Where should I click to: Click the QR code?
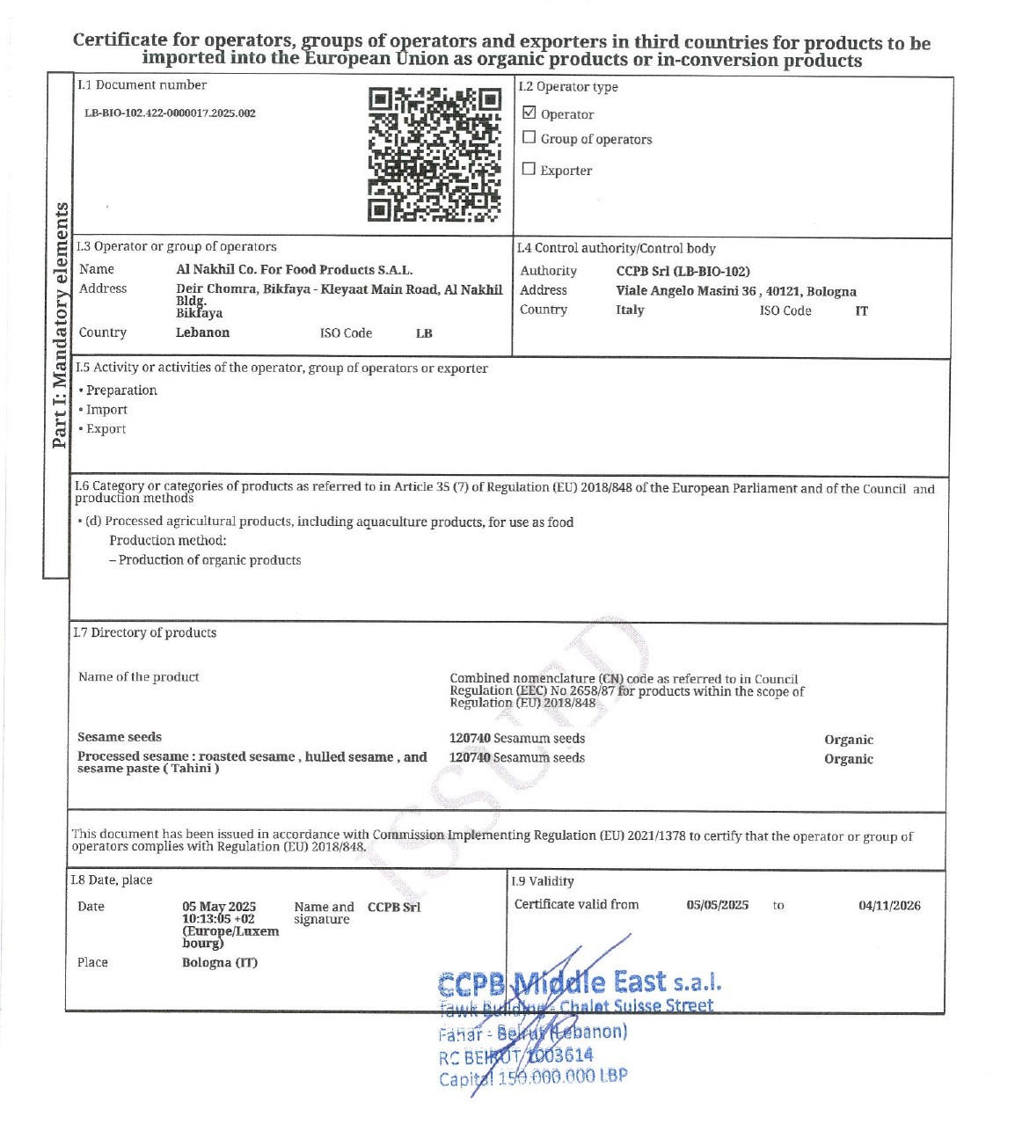pos(434,154)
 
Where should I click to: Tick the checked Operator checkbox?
pos(529,113)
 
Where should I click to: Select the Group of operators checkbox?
pos(529,137)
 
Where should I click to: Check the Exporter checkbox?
pos(529,169)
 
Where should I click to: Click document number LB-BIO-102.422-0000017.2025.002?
pos(170,113)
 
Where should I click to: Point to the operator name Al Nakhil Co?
pos(294,270)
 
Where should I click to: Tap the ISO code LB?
pos(424,333)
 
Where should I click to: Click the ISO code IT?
pos(861,311)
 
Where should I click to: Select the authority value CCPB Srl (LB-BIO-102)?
pos(683,272)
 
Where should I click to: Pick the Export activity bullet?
pos(106,429)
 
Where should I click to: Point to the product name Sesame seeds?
pos(120,737)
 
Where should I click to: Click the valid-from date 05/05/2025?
pos(717,905)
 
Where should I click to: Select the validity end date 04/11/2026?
pos(889,905)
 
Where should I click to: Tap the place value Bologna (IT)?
pos(220,962)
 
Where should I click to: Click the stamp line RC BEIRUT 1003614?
pos(516,1055)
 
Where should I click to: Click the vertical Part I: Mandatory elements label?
pos(60,325)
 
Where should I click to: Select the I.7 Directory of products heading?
pos(145,632)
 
